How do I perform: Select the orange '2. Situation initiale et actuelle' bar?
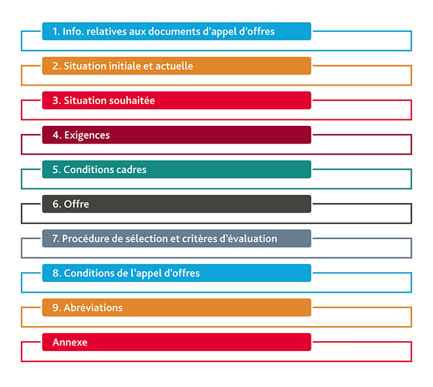pos(176,66)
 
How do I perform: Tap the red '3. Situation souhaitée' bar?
pos(176,100)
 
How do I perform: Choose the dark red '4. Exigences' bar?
pos(176,135)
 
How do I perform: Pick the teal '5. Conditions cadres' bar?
pos(176,169)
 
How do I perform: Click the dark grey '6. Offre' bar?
pos(176,204)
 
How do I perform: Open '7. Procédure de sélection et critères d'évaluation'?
pos(176,238)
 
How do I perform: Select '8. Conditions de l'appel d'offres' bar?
pos(176,273)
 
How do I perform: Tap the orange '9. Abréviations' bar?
pos(176,308)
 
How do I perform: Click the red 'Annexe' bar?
pos(176,342)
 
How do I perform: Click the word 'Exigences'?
pos(87,135)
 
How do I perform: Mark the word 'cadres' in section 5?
pos(129,169)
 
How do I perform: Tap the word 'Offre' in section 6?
pos(76,204)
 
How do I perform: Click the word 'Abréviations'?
pos(93,308)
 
